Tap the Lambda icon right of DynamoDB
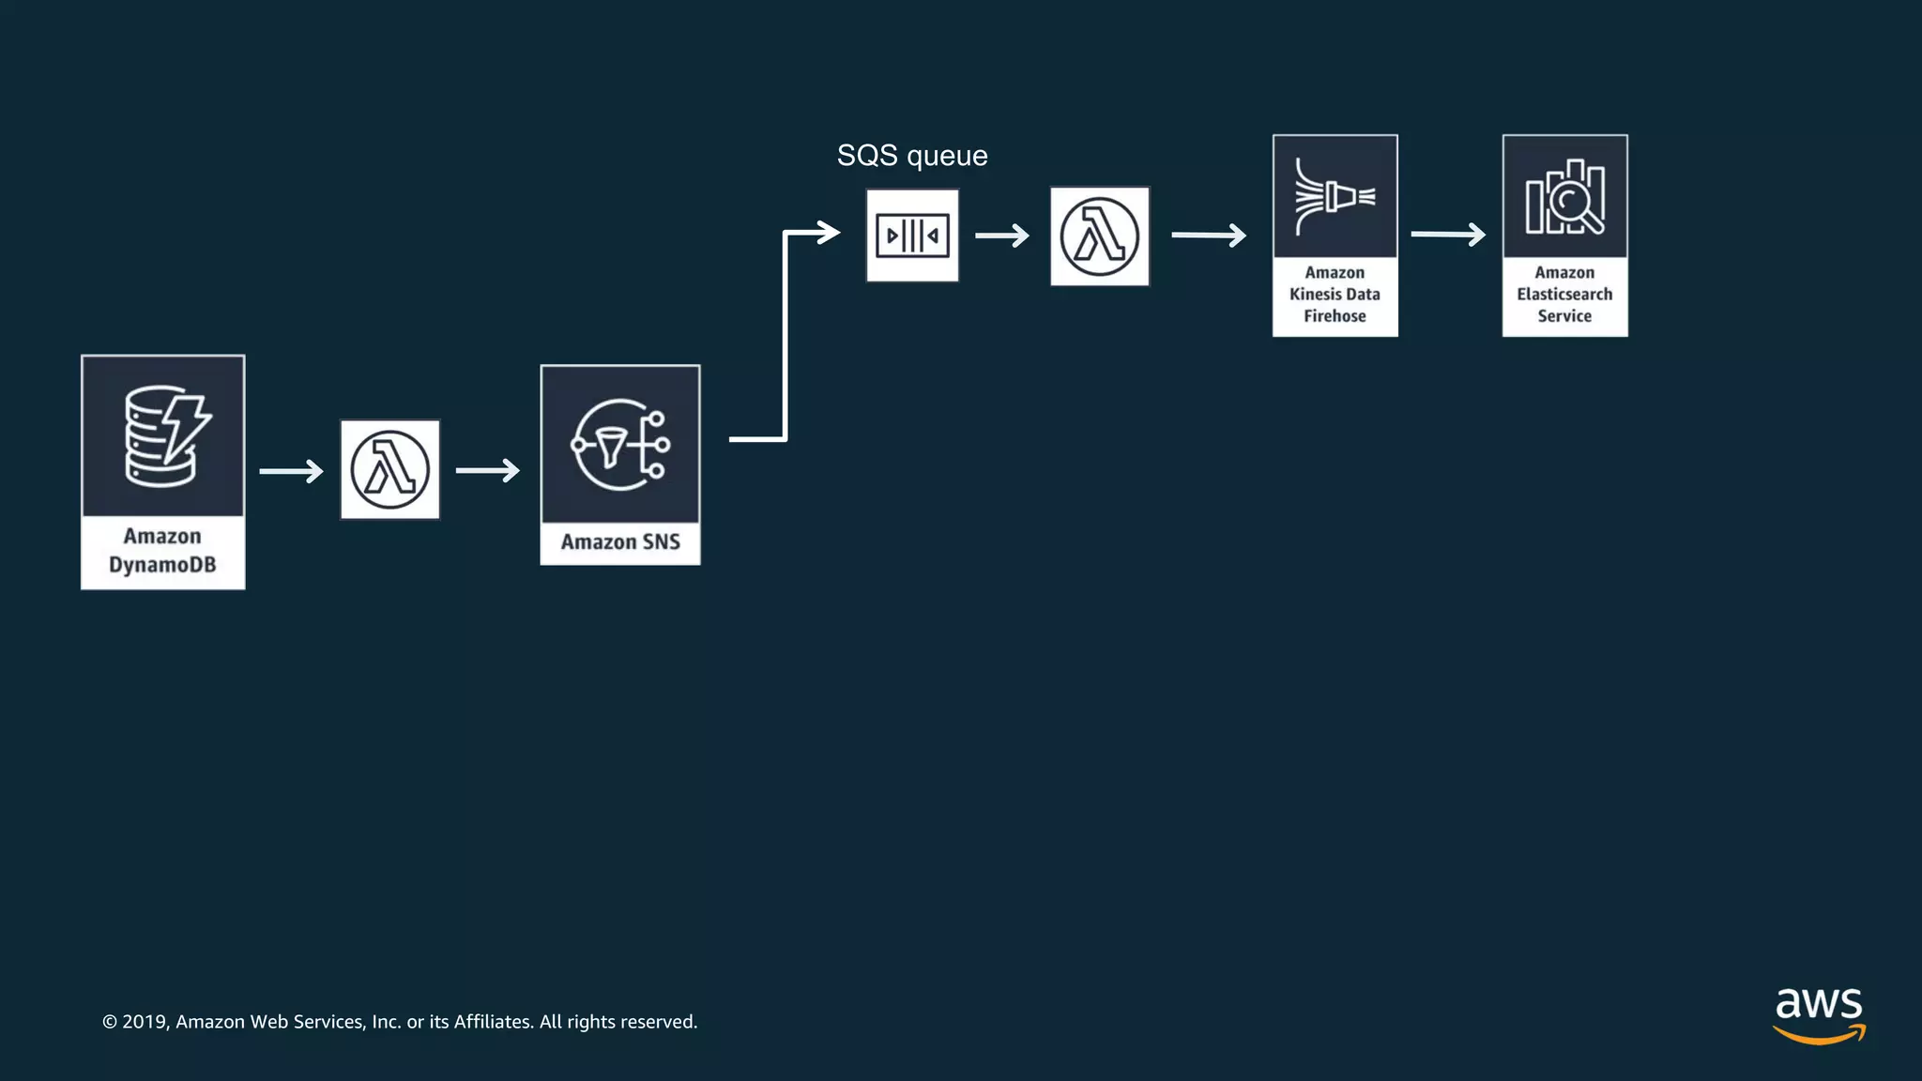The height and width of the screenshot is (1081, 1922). point(389,469)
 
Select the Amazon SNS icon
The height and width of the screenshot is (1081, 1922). point(619,445)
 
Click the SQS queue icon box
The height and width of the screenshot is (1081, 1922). point(912,236)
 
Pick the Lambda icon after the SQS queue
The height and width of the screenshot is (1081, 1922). point(1099,236)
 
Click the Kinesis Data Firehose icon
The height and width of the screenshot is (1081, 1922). point(1335,197)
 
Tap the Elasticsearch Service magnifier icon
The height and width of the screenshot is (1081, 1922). point(1564,197)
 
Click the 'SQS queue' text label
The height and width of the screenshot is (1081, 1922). point(912,156)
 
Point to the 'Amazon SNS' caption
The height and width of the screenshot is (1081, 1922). point(620,542)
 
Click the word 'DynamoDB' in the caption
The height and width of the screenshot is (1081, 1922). point(162,565)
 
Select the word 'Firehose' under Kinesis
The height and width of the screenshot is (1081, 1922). point(1335,316)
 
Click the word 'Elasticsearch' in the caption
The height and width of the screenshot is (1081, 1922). point(1564,295)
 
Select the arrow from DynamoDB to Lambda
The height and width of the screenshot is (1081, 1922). point(291,470)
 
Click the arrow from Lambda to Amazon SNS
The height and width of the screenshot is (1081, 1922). point(487,470)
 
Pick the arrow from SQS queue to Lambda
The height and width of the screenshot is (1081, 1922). point(1002,236)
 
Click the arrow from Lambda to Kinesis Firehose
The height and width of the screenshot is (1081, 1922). point(1209,235)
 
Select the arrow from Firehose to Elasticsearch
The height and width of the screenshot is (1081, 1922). point(1448,234)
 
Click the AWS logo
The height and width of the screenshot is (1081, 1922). point(1819,1014)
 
